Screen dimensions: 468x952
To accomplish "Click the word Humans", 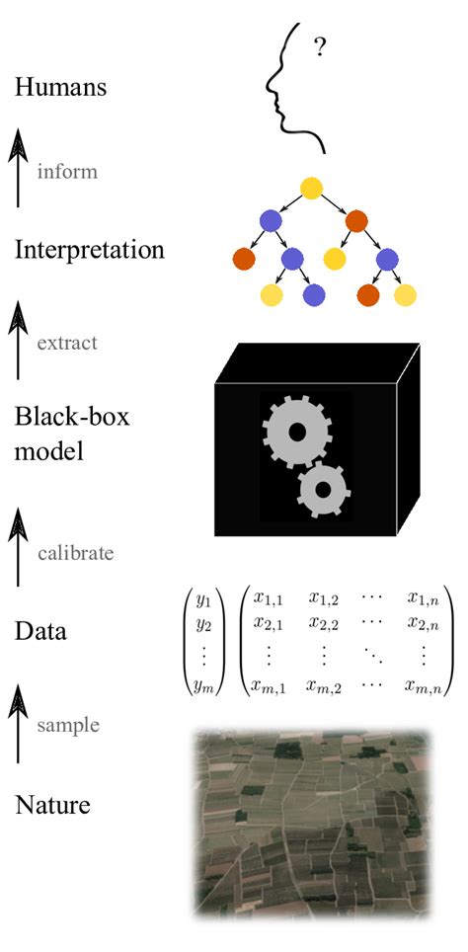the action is [x=60, y=88].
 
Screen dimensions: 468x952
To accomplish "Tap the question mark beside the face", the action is [x=319, y=47].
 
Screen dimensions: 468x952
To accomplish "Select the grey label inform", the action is [x=67, y=171].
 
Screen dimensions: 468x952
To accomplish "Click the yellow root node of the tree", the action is [x=311, y=188].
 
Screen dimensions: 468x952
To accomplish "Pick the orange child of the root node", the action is [x=356, y=221].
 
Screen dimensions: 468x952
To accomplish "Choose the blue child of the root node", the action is [x=271, y=220].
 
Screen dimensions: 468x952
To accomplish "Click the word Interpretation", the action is [x=90, y=250].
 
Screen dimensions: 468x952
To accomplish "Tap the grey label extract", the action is [x=67, y=343].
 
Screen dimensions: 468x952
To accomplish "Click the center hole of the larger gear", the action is [x=297, y=433].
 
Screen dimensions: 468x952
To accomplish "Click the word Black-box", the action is [x=72, y=418].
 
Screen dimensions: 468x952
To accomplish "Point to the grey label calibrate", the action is [x=75, y=553].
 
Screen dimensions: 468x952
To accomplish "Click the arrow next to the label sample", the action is [x=18, y=723].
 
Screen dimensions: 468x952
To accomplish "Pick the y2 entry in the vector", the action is [x=202, y=625].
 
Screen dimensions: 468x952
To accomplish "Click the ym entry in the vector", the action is [x=203, y=686].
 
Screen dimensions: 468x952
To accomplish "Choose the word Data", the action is [x=40, y=632].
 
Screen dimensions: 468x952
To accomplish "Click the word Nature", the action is [x=52, y=806].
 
